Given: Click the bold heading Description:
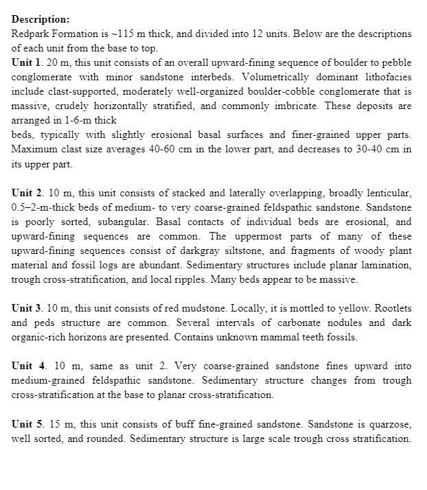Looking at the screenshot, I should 41,19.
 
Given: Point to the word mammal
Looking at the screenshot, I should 290,338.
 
